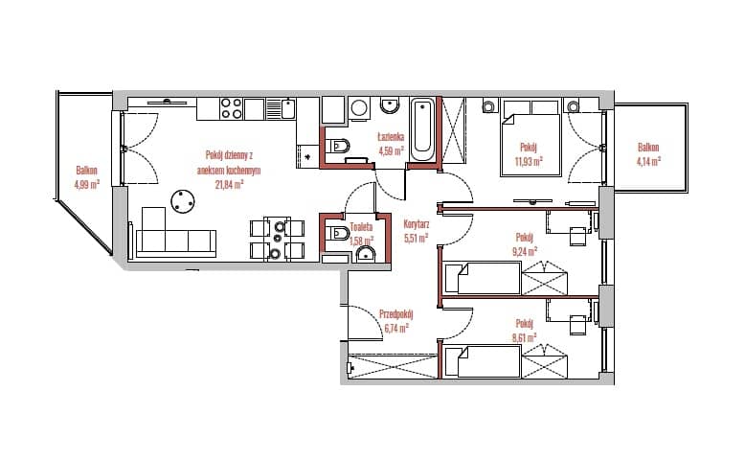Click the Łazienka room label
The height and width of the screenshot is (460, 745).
391,137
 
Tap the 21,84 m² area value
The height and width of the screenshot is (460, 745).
230,185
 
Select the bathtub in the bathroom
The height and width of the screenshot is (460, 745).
422,130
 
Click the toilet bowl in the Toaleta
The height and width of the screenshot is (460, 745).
338,233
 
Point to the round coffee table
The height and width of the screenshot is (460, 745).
183,202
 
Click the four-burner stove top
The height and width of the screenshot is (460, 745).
232,108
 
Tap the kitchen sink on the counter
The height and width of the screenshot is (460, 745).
287,108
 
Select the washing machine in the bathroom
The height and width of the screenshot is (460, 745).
360,108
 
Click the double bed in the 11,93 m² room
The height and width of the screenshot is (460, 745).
531,138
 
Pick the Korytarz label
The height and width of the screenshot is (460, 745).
417,223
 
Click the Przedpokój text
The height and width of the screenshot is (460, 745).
396,314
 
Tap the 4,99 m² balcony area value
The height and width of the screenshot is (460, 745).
87,184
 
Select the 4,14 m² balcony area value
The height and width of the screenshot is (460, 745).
648,162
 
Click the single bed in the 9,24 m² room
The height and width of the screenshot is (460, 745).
483,278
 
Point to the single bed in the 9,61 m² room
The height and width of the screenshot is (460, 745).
483,361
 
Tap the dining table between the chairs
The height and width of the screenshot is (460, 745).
278,239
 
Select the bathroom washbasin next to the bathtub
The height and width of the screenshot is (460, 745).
390,105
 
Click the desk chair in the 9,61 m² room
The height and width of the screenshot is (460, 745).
578,325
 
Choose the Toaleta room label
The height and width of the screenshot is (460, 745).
362,227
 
